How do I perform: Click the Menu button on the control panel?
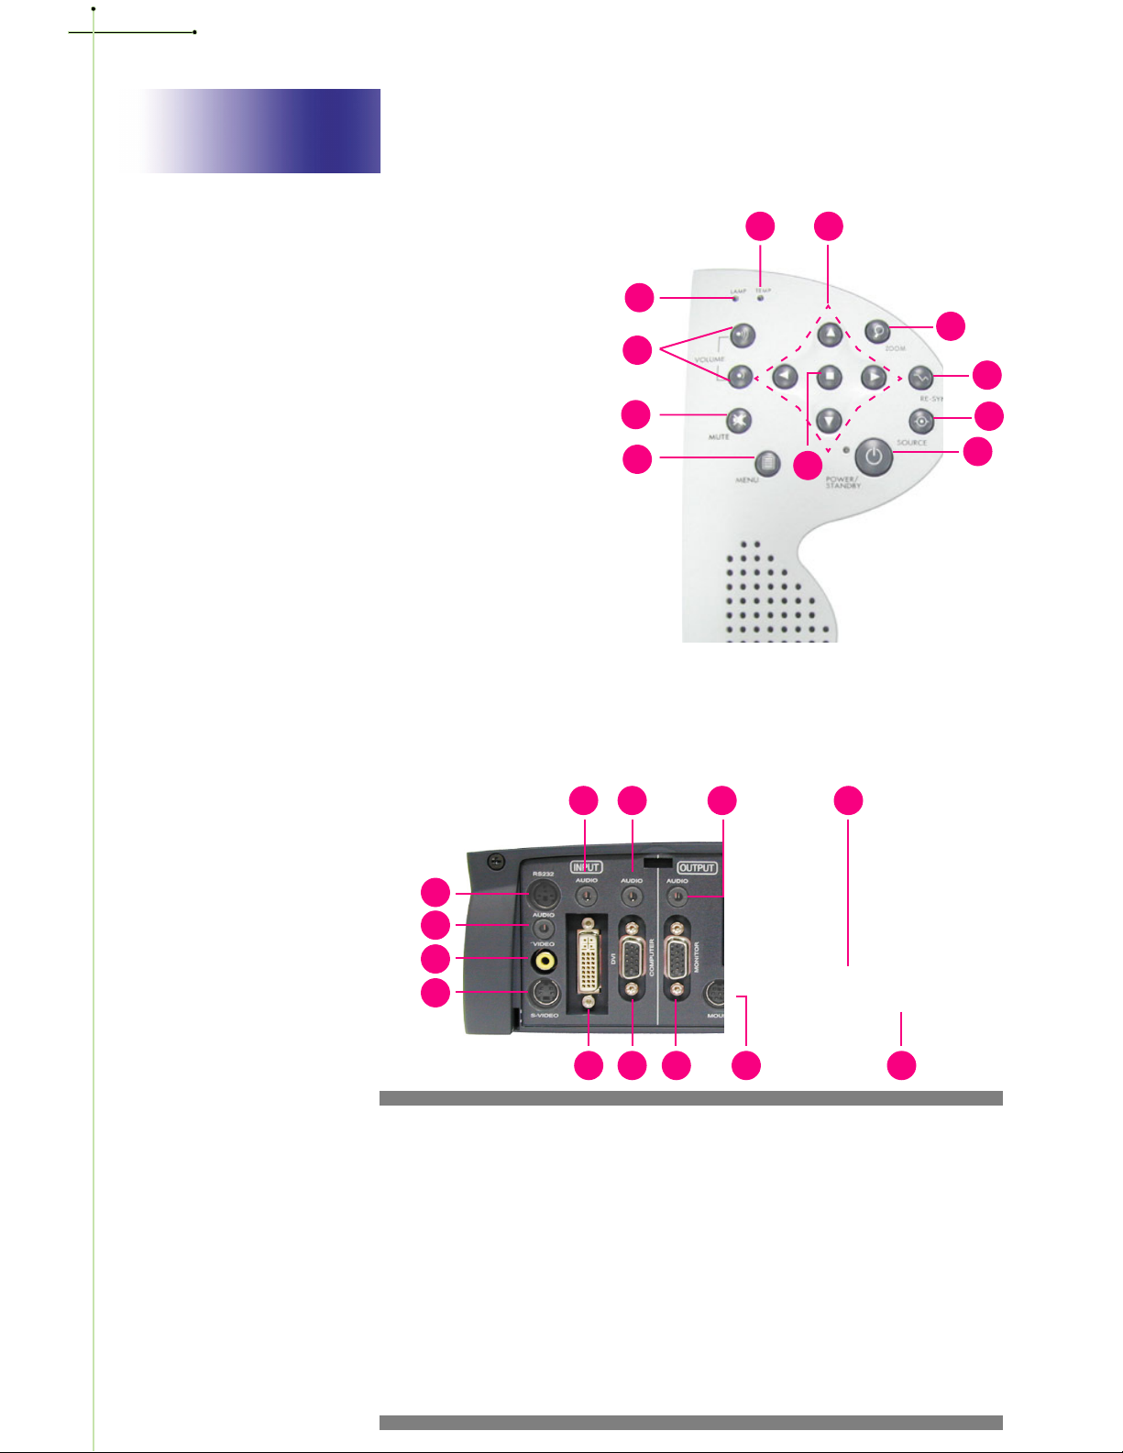point(768,463)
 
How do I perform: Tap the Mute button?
point(739,420)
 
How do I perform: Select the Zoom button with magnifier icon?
point(878,333)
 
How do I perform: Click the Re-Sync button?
point(920,377)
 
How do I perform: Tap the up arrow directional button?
point(830,334)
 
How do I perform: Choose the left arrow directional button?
point(785,376)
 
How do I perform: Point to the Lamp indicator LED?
point(735,298)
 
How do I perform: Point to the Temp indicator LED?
point(760,297)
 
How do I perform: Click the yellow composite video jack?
point(545,960)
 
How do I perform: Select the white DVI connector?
point(588,962)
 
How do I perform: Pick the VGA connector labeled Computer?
point(633,961)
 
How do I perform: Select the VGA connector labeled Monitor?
point(677,961)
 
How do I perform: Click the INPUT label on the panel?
point(587,867)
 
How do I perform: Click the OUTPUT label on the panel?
point(697,867)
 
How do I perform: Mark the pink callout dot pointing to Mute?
point(636,414)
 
